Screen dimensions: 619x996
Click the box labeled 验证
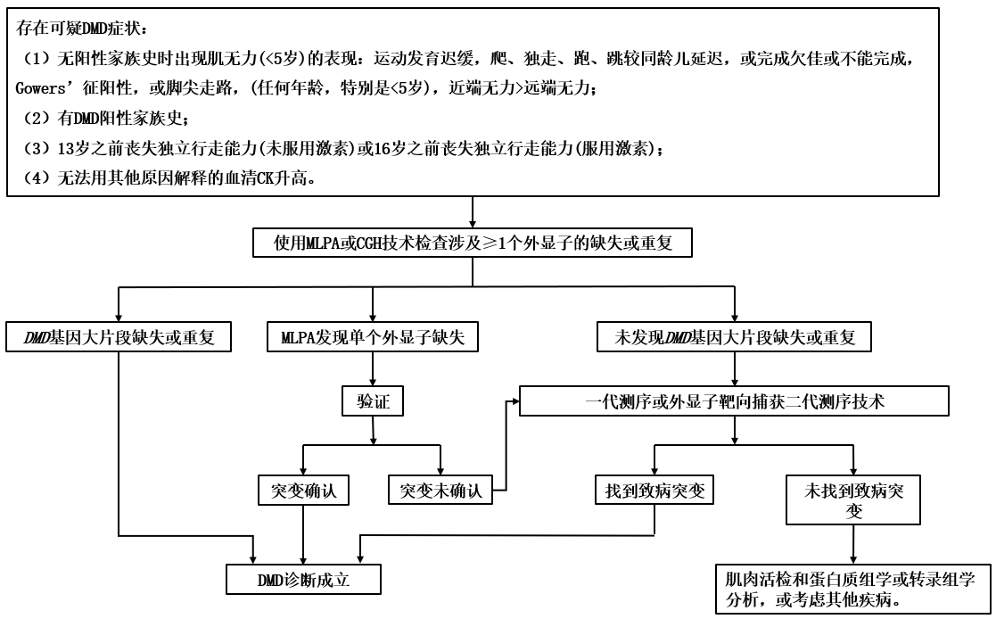371,402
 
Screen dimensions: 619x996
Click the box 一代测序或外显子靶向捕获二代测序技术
733,402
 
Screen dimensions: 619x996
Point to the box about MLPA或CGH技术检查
472,243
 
